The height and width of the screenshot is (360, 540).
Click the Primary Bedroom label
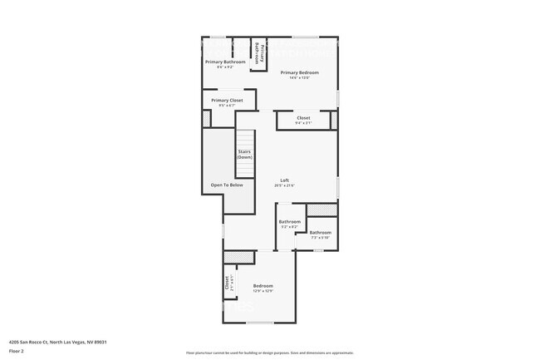click(299, 72)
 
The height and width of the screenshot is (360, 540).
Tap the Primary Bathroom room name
click(225, 62)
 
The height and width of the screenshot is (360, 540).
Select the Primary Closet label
click(227, 100)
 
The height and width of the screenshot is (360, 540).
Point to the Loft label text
click(283, 180)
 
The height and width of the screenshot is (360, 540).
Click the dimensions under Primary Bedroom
click(299, 78)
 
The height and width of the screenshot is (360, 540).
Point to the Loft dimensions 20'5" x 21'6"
click(283, 185)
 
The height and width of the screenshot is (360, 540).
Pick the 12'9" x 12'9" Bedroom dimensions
click(263, 291)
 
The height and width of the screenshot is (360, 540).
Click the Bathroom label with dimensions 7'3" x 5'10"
click(321, 232)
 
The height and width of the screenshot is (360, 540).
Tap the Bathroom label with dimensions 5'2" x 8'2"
click(289, 221)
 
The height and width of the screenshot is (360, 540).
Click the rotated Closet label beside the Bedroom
click(227, 283)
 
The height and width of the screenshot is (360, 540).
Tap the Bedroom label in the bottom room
click(263, 285)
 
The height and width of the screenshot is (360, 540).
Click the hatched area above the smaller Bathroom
click(322, 210)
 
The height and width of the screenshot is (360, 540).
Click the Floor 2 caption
click(17, 351)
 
